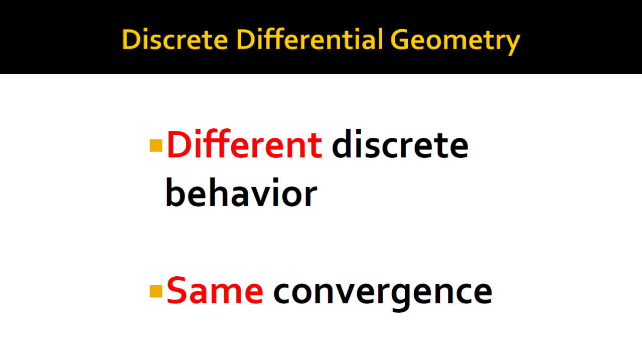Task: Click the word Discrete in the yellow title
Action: (x=175, y=39)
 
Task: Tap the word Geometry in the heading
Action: (x=455, y=42)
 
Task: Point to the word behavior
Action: (x=241, y=192)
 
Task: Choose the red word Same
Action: (x=215, y=290)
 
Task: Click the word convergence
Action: (x=383, y=293)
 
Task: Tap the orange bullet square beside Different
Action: (x=156, y=145)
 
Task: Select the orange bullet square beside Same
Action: (x=156, y=291)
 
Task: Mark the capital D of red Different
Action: (x=179, y=144)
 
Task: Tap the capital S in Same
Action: (x=176, y=290)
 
